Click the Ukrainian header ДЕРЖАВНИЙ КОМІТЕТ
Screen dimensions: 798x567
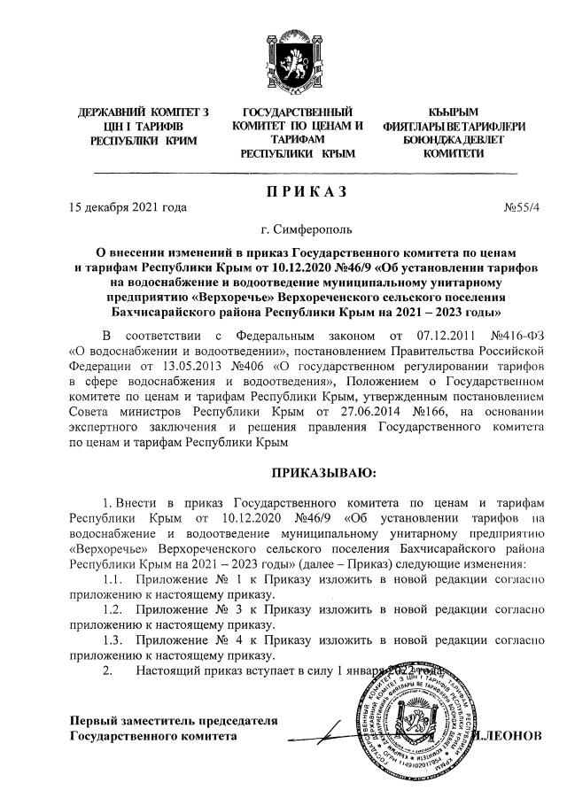coord(144,113)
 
